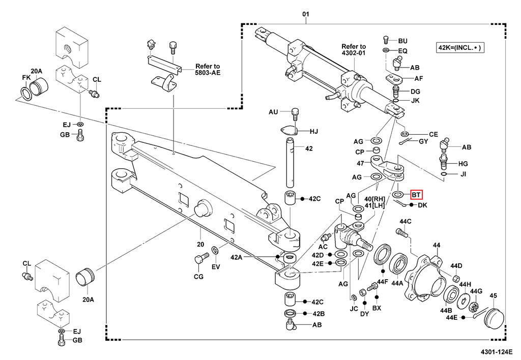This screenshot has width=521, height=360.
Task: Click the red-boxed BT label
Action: (x=416, y=194)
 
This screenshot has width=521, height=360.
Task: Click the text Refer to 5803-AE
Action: (x=208, y=70)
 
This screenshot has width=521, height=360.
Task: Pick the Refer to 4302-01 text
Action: (x=354, y=50)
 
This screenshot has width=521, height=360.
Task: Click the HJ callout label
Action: (x=313, y=132)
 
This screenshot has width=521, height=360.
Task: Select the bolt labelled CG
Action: (x=199, y=260)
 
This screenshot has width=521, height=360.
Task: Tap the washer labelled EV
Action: (x=215, y=250)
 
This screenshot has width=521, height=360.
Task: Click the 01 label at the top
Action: (x=305, y=14)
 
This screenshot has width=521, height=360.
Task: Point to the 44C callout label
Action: (x=405, y=221)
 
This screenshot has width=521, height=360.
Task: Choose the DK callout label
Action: (x=422, y=205)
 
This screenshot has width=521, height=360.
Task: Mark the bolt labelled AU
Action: (x=296, y=113)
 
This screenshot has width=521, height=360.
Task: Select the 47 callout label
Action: (x=360, y=163)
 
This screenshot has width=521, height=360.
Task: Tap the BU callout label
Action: (x=402, y=41)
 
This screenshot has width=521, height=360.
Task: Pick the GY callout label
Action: (x=423, y=141)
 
